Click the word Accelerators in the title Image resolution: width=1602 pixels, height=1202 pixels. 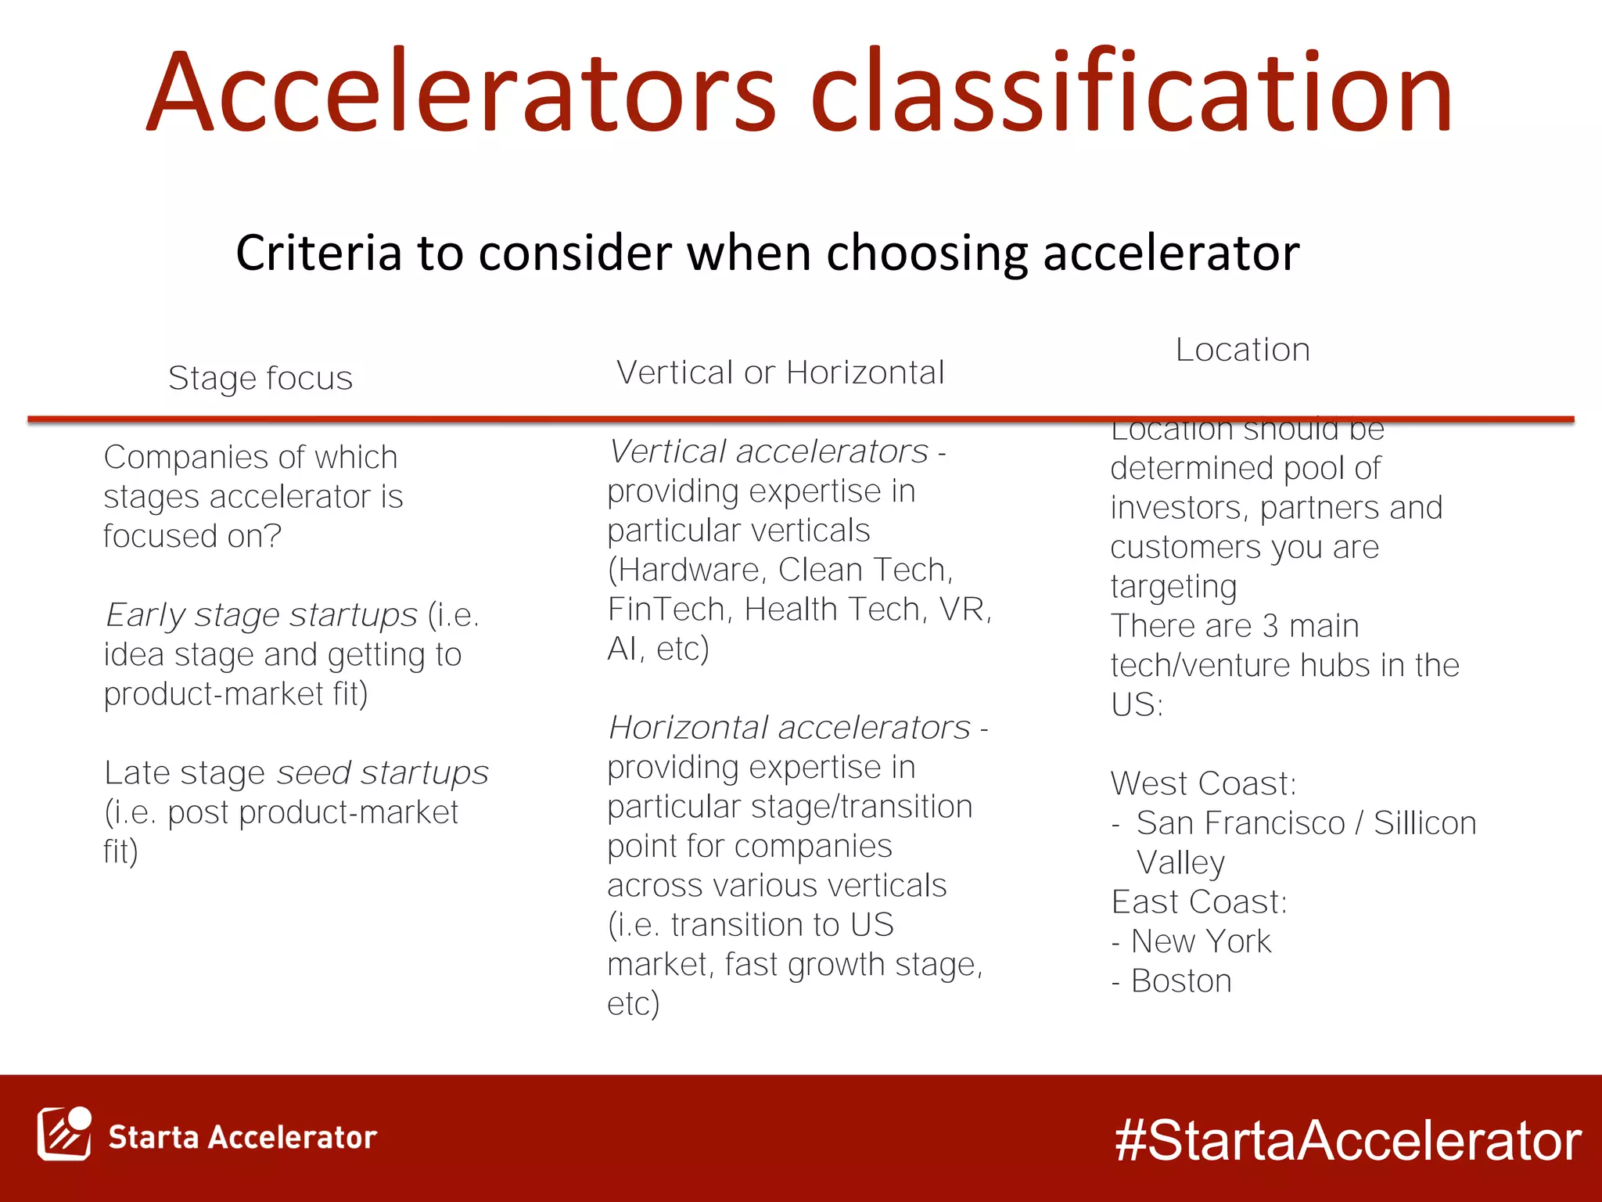[x=462, y=92]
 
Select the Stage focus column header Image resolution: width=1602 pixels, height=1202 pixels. [x=260, y=379]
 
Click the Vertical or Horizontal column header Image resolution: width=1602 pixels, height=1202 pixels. [x=780, y=373]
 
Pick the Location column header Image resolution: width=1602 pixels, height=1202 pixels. [x=1242, y=350]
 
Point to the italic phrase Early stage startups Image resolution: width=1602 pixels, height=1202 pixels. [x=262, y=615]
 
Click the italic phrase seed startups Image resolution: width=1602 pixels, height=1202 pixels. [x=383, y=773]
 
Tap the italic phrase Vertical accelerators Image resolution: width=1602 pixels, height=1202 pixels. [x=769, y=452]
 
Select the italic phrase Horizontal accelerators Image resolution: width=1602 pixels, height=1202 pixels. [x=789, y=728]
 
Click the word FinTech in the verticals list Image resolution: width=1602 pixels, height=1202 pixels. [x=669, y=610]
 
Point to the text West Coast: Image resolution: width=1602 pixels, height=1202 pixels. [x=1203, y=784]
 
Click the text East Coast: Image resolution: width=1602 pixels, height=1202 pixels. [x=1198, y=902]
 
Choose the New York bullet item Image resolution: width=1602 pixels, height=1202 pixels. [x=1200, y=941]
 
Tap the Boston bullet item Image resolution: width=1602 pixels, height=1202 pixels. [x=1180, y=981]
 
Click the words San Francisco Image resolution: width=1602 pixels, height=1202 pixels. [x=1241, y=823]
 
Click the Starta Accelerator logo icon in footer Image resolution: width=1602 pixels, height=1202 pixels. [x=64, y=1134]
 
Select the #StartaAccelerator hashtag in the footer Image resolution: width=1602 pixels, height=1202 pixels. [x=1347, y=1140]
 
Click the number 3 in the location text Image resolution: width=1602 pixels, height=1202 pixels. [x=1270, y=626]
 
